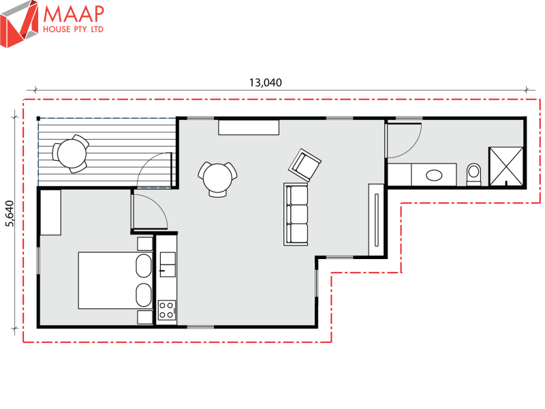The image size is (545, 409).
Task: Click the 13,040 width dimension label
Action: pyautogui.click(x=265, y=82)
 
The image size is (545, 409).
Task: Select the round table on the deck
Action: pyautogui.click(x=71, y=153)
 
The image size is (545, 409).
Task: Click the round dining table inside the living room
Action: pyautogui.click(x=219, y=178)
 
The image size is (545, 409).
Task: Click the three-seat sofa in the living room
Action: pyautogui.click(x=297, y=214)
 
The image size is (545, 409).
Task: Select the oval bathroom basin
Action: pyautogui.click(x=433, y=175)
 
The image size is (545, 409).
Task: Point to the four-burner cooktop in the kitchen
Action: pyautogui.click(x=166, y=310)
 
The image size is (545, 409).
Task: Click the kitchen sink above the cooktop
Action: pyautogui.click(x=166, y=262)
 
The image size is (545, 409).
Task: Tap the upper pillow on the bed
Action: pyautogui.click(x=144, y=266)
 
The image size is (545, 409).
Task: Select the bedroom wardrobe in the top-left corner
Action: pyautogui.click(x=51, y=212)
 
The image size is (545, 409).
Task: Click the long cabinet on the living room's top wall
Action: pyautogui.click(x=249, y=127)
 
